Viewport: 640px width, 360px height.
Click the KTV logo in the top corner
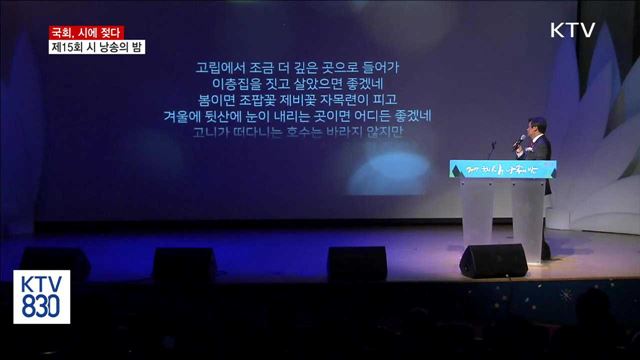tap(572, 30)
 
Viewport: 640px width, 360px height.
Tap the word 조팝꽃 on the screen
tap(266, 100)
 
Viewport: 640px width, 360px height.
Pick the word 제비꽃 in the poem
tap(310, 100)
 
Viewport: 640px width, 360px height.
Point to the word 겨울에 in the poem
tap(183, 116)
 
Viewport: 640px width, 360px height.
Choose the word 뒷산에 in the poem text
tap(229, 116)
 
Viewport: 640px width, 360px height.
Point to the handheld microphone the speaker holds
tap(519, 142)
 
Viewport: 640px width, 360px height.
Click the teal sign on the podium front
tap(503, 169)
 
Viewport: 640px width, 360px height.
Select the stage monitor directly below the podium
tap(494, 261)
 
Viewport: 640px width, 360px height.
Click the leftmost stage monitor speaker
tap(56, 262)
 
